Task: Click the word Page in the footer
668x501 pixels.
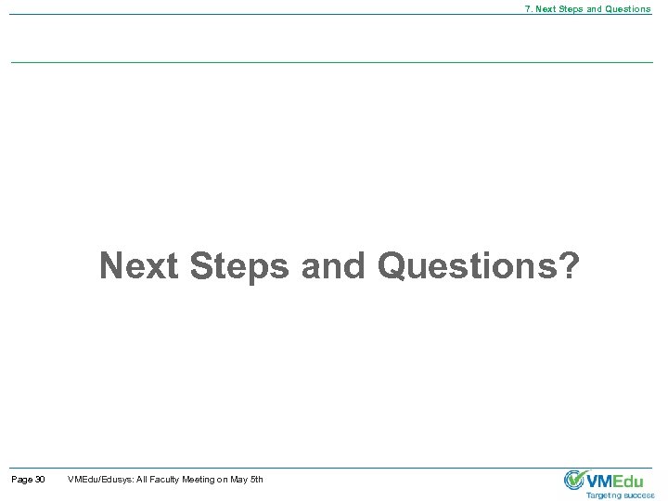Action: point(20,479)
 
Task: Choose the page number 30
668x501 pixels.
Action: point(39,479)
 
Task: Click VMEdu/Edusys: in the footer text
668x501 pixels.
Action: point(100,479)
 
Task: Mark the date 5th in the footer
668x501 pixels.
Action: point(257,479)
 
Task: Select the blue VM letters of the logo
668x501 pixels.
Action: point(601,480)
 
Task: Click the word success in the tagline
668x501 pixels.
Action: point(639,495)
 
